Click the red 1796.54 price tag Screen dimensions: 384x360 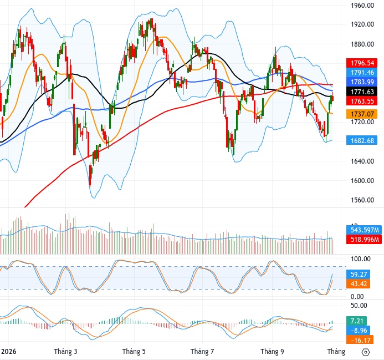(362, 63)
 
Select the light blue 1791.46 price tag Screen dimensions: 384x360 (362, 73)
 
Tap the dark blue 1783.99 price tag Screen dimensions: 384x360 (362, 82)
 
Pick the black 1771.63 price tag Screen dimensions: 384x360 (362, 92)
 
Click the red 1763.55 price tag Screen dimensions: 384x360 (362, 101)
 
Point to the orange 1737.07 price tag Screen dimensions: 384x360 (362, 114)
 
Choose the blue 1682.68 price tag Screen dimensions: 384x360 (362, 140)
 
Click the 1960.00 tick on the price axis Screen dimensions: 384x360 (362, 5)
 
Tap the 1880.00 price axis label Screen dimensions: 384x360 (362, 44)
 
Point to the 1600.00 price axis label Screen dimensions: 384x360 (362, 180)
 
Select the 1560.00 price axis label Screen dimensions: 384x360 (362, 200)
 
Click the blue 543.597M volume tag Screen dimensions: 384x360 (364, 230)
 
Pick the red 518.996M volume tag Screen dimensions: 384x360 (364, 239)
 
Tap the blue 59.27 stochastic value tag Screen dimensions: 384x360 (359, 274)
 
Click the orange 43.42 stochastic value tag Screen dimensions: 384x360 (359, 284)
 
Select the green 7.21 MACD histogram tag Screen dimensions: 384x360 (357, 321)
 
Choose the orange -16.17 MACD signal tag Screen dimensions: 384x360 (360, 340)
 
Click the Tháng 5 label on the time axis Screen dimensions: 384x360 (134, 352)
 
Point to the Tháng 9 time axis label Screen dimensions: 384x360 (272, 352)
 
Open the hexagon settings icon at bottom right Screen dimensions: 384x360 (365, 352)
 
